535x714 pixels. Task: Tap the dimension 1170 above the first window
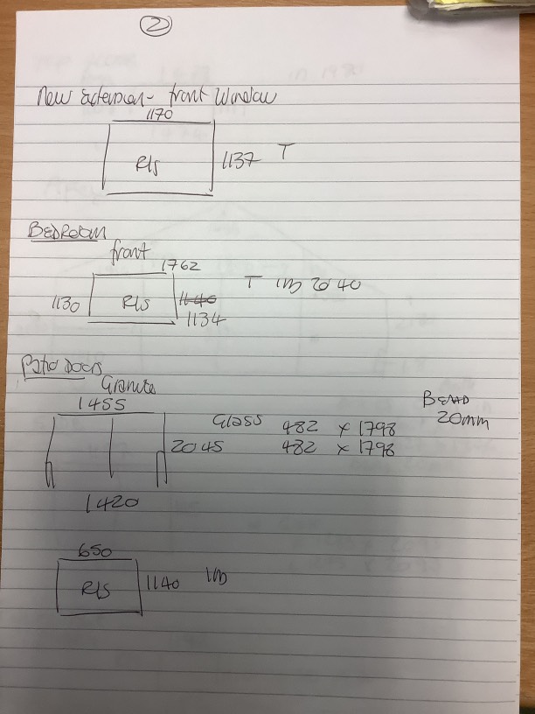pos(159,115)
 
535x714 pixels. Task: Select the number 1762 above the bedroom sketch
pos(181,265)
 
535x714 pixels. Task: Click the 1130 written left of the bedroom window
pos(66,305)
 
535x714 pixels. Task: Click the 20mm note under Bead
pos(462,420)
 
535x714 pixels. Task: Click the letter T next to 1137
pos(284,152)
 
